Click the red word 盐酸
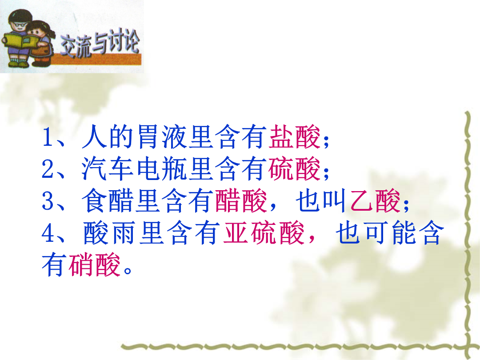click(295, 136)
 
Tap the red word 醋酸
click(241, 201)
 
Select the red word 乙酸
click(375, 201)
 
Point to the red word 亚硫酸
click(264, 233)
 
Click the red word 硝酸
click(94, 265)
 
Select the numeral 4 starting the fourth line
click(48, 233)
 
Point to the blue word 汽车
click(108, 169)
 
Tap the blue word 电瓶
click(162, 169)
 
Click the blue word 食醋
click(108, 201)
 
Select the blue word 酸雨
click(109, 233)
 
